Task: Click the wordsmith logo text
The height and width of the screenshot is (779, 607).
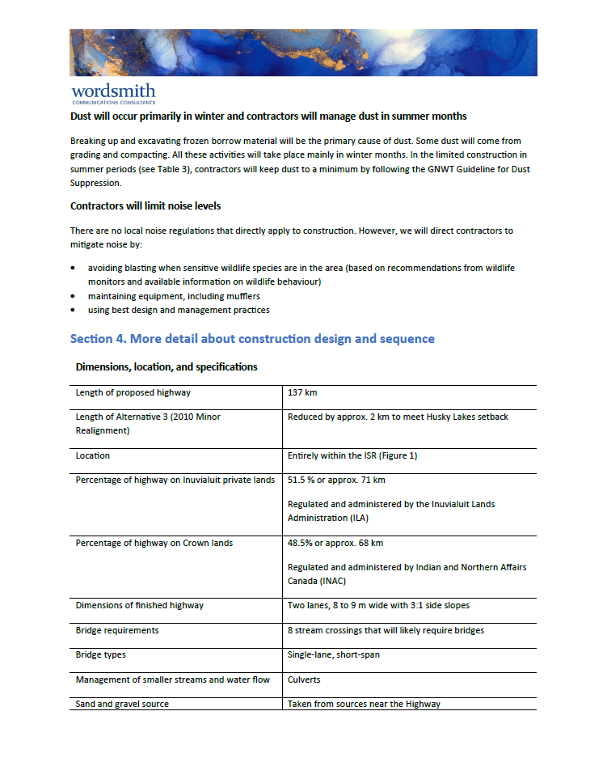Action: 112,91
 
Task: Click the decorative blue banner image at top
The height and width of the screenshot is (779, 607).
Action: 303,53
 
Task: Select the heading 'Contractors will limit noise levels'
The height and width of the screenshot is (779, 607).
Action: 145,206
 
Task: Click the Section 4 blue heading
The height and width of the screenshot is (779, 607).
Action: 252,338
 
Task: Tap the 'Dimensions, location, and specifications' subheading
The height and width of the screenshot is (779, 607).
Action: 167,366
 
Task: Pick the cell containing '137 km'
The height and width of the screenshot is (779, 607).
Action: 302,392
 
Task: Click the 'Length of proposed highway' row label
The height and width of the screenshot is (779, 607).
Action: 133,392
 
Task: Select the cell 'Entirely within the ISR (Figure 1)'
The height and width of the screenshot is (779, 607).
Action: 352,455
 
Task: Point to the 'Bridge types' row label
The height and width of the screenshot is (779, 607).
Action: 101,654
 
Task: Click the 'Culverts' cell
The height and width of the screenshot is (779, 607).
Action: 304,680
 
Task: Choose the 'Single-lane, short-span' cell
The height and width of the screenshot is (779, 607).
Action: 333,654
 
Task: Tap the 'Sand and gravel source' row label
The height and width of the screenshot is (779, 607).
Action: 122,704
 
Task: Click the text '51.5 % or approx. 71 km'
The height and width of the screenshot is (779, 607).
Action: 336,480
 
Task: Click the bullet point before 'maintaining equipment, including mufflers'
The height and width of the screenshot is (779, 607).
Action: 74,297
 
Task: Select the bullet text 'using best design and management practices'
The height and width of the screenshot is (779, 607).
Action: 179,310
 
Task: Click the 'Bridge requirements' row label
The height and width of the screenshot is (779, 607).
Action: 117,630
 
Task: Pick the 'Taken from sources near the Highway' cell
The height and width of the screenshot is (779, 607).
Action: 364,704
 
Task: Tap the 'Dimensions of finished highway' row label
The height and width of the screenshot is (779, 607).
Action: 139,605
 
